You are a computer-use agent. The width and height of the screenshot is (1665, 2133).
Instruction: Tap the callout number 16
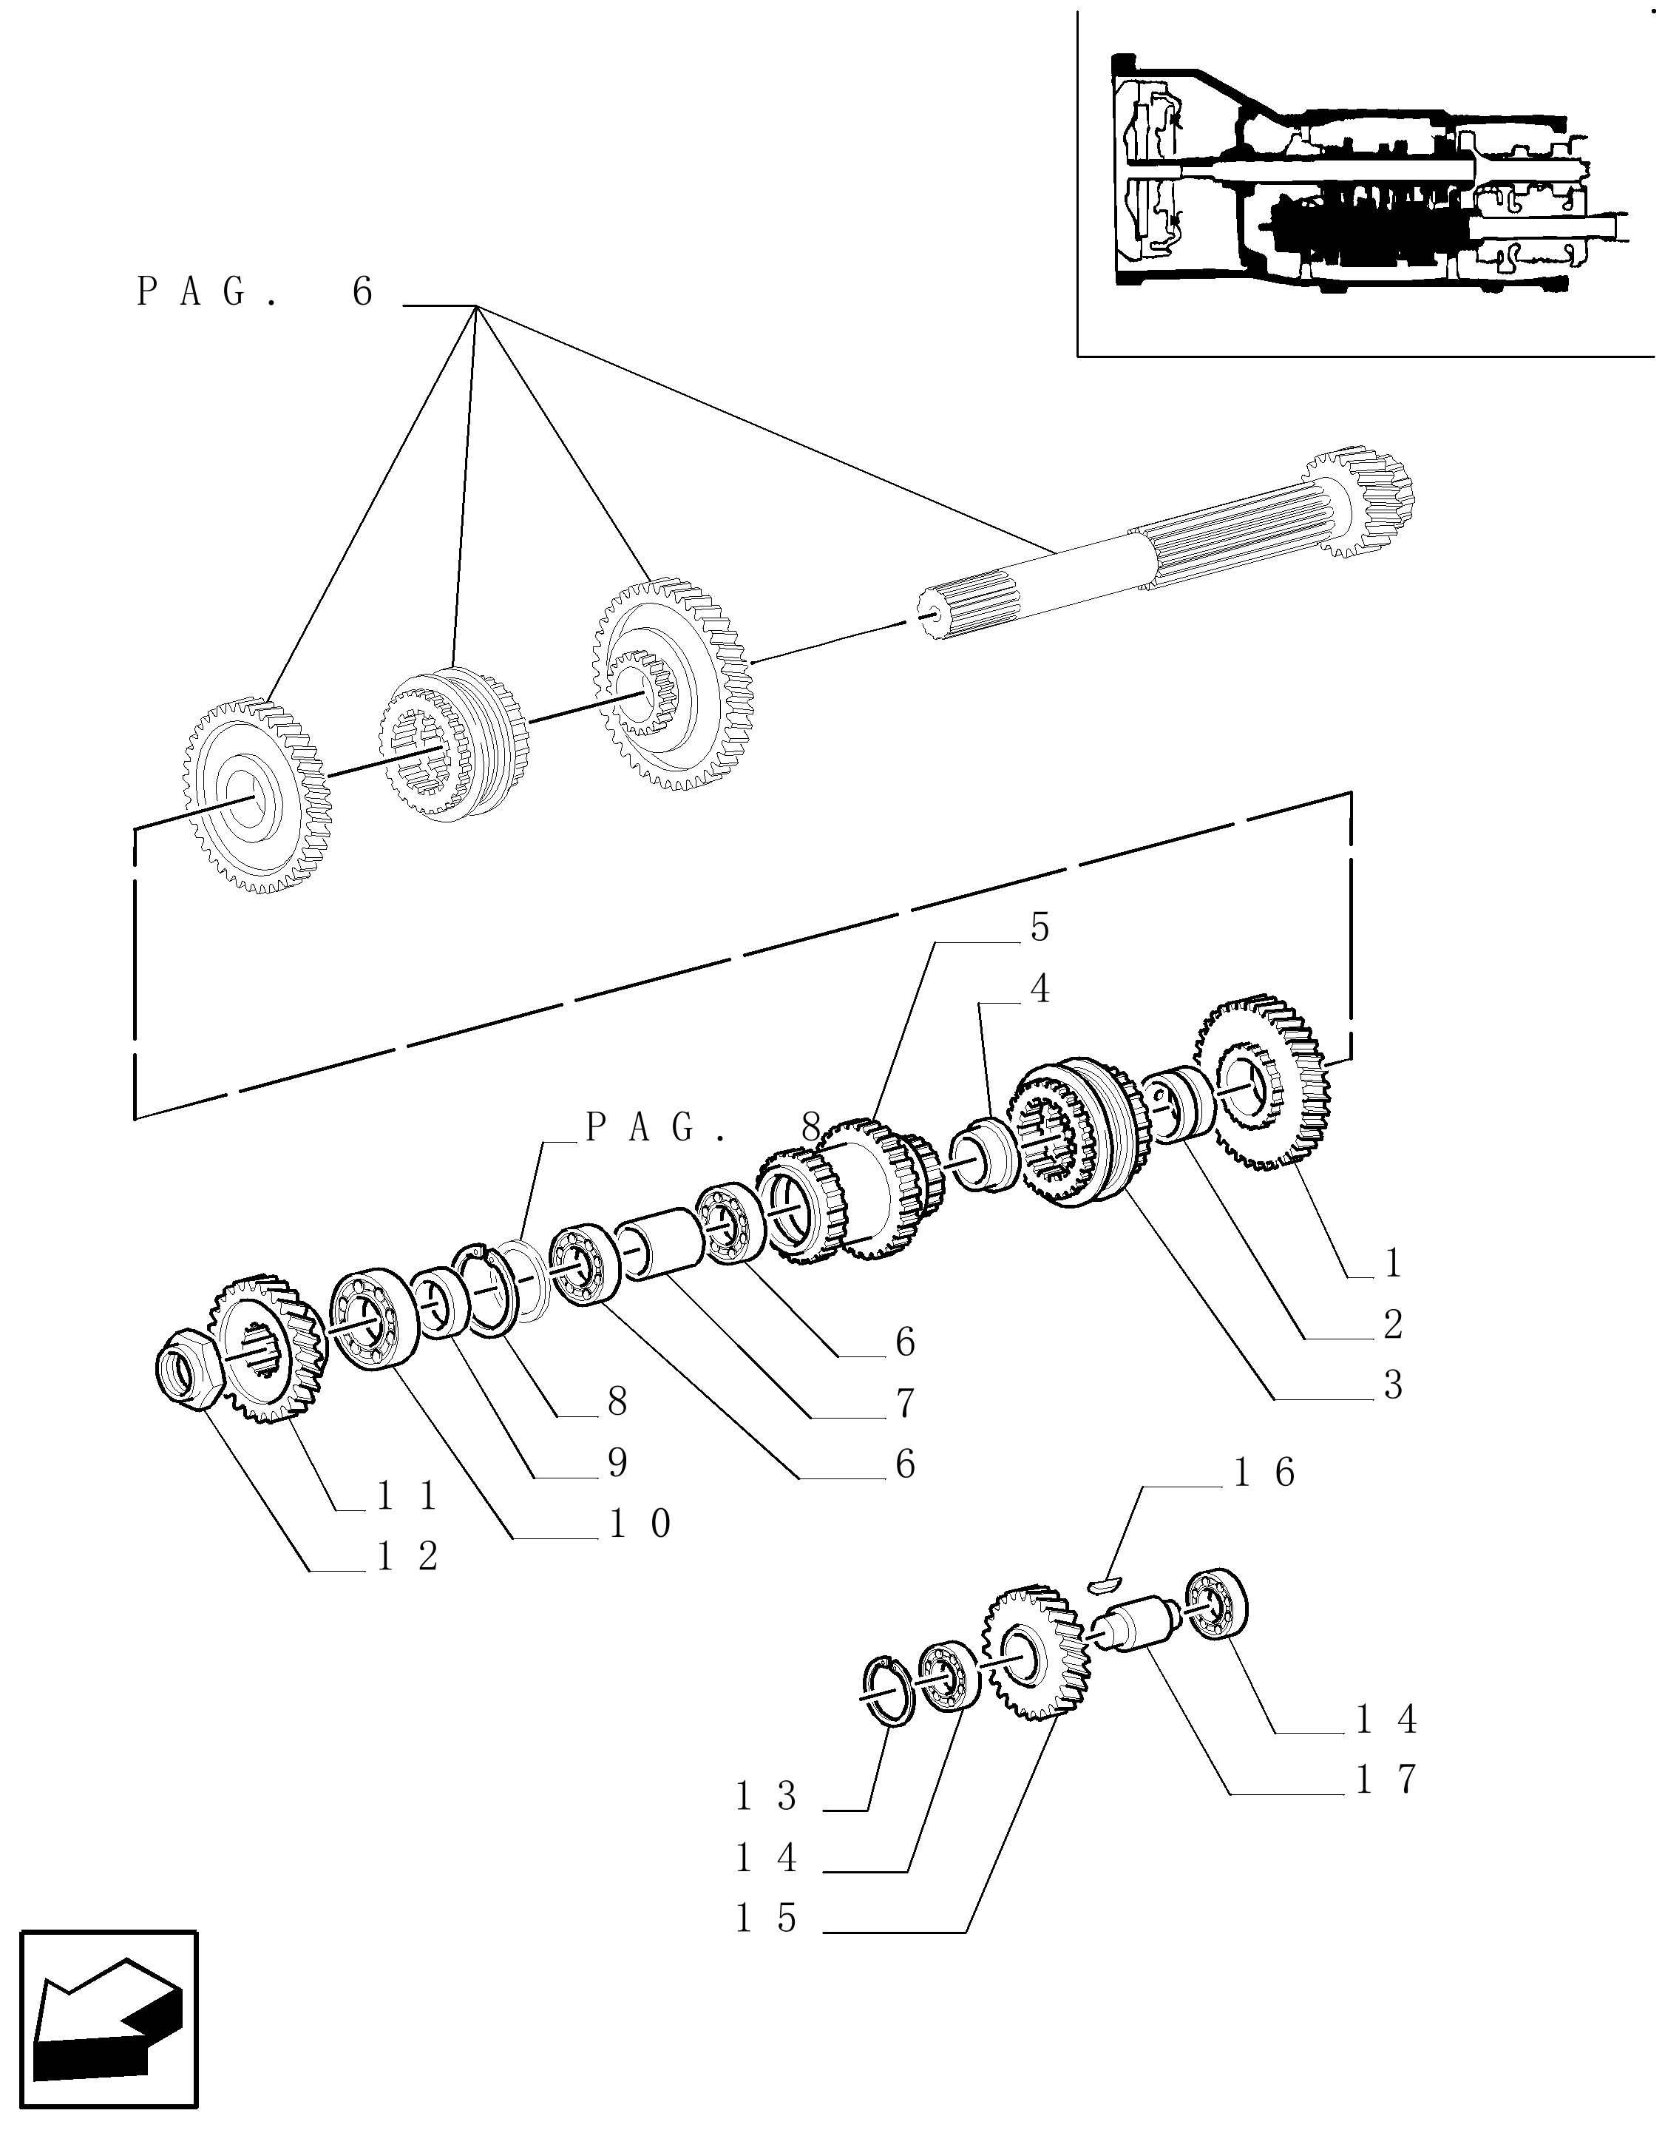click(x=1266, y=1500)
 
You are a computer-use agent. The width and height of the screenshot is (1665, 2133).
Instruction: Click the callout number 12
click(x=408, y=1557)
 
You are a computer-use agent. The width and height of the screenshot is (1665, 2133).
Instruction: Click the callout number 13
click(x=767, y=1796)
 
